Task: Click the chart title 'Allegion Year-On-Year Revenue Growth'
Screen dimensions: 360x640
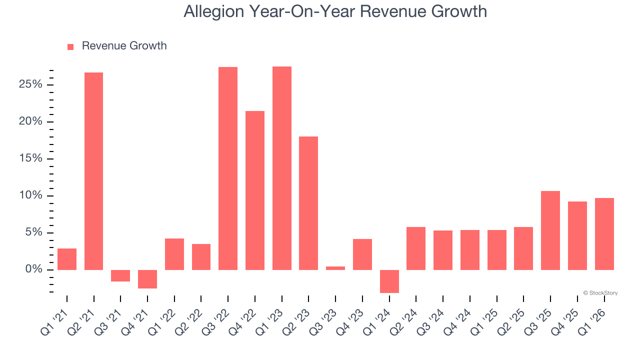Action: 335,11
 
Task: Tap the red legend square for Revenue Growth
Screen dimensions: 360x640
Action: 70,46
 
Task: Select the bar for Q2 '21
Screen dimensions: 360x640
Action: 93,171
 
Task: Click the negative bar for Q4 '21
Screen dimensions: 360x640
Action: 147,279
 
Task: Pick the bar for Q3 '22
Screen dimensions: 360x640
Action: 228,168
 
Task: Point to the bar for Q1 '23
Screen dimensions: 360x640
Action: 282,168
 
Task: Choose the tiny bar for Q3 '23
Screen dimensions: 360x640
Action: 335,268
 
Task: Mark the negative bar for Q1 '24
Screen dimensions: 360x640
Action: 389,281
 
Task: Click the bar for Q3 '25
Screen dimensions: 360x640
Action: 550,230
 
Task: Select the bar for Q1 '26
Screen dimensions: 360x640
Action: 604,234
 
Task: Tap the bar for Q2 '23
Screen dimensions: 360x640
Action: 308,203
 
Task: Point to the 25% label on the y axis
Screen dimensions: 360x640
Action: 30,84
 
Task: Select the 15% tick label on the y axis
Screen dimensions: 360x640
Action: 30,158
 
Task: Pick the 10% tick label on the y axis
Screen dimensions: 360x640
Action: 30,195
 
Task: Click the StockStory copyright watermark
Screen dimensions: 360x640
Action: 600,293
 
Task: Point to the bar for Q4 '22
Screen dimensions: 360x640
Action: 255,190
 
